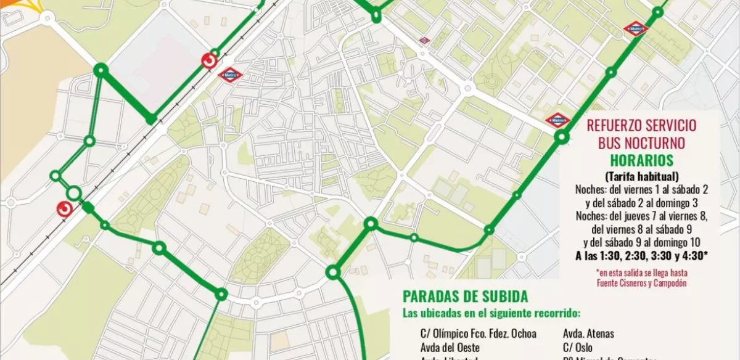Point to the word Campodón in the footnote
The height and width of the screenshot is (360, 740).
click(670, 284)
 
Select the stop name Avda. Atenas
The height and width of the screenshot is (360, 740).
click(588, 333)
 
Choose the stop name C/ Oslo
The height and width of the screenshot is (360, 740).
click(577, 347)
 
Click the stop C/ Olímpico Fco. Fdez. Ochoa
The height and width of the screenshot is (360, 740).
click(478, 333)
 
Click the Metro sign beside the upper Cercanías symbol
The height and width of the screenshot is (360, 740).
click(231, 75)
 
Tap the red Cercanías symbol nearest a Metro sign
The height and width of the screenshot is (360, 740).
click(210, 62)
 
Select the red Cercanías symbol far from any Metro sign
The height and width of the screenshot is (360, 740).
click(64, 209)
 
